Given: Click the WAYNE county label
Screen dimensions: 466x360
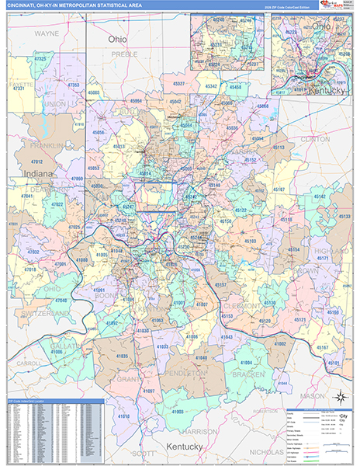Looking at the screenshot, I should pyautogui.click(x=47, y=35).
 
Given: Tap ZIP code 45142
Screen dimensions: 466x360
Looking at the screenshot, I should pyautogui.click(x=319, y=197).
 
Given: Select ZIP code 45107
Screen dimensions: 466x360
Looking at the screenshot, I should pyautogui.click(x=279, y=190).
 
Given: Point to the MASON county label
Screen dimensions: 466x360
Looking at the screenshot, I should pyautogui.click(x=313, y=396).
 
